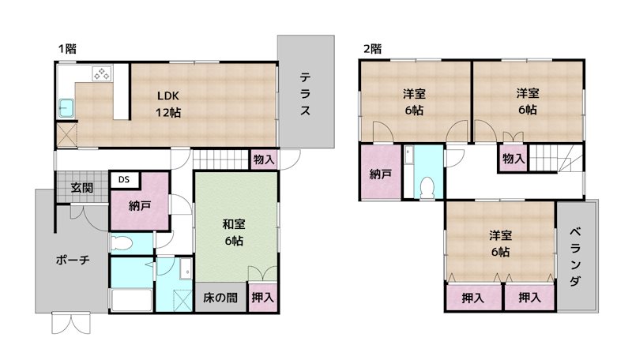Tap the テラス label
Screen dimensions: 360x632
(304, 95)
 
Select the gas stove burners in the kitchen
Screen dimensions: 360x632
(102, 75)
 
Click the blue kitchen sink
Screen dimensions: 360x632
(66, 106)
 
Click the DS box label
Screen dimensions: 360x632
(123, 180)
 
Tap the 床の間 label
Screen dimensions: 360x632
(219, 298)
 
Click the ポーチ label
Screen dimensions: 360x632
(72, 260)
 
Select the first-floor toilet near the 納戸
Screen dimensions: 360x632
(123, 243)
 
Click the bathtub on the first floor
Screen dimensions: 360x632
(130, 301)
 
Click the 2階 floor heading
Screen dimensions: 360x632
(372, 49)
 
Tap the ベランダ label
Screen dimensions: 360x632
(575, 257)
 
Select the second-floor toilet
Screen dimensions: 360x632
(427, 186)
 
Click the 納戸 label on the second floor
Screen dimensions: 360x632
(380, 174)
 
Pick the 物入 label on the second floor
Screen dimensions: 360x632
(513, 159)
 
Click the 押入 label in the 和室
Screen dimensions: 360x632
(263, 298)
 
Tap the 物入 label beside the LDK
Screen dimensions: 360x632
(264, 159)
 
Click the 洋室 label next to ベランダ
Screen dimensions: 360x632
(498, 243)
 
